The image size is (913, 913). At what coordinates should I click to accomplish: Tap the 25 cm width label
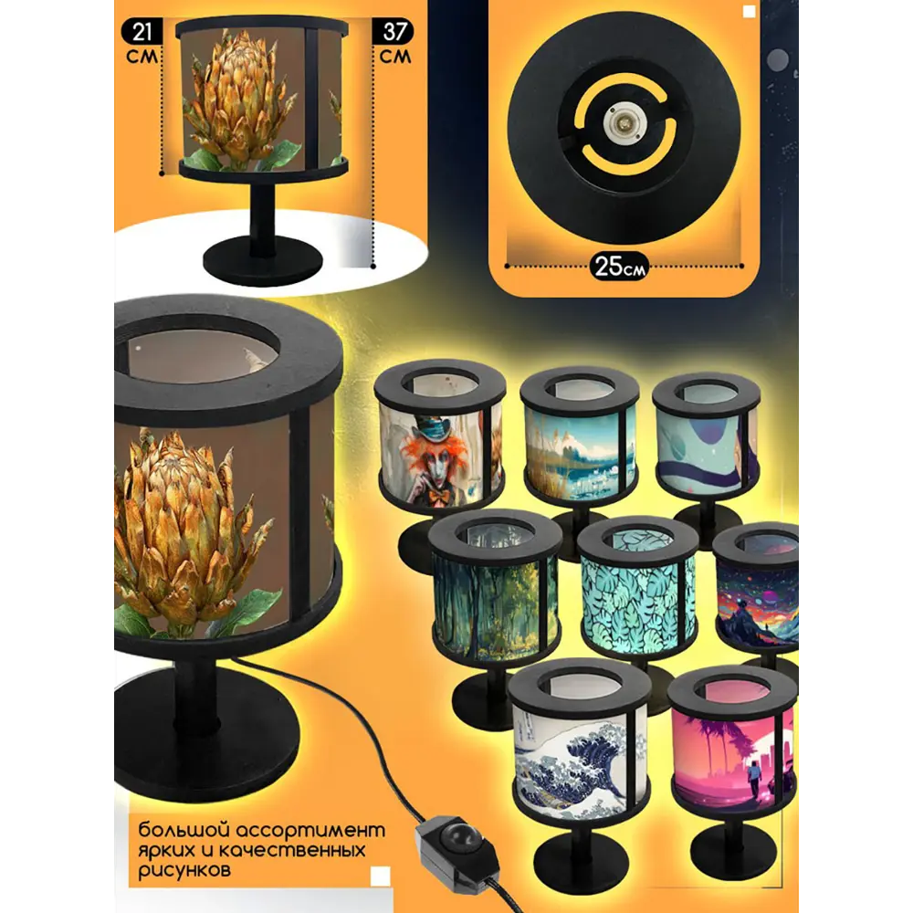pyautogui.click(x=620, y=267)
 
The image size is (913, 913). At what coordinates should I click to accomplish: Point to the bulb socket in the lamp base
pyautogui.click(x=621, y=121)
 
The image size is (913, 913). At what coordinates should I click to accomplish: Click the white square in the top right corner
pyautogui.click(x=749, y=12)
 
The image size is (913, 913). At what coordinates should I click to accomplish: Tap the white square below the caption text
pyautogui.click(x=380, y=876)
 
